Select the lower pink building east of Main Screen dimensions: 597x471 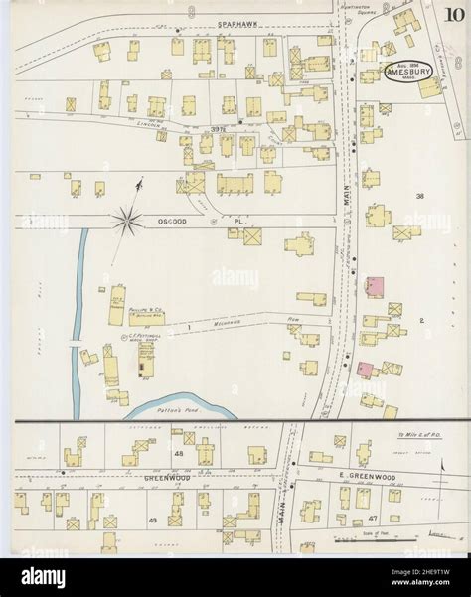tap(365, 370)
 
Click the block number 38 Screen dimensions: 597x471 tap(419, 197)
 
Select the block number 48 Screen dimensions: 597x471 tap(180, 453)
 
